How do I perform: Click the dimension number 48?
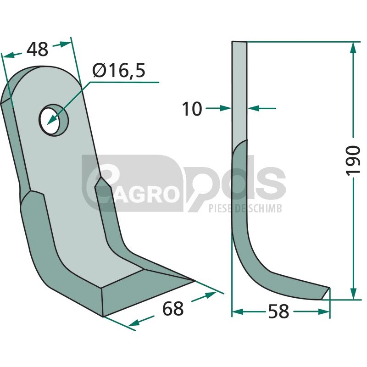click(38, 50)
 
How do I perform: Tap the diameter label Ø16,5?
click(119, 70)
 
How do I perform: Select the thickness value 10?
click(192, 109)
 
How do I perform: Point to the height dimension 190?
click(352, 160)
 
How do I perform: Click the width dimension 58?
click(278, 311)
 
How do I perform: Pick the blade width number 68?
click(173, 309)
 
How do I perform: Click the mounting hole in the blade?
click(54, 120)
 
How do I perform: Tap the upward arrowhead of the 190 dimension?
click(353, 49)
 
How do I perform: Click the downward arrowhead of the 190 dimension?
click(353, 293)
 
